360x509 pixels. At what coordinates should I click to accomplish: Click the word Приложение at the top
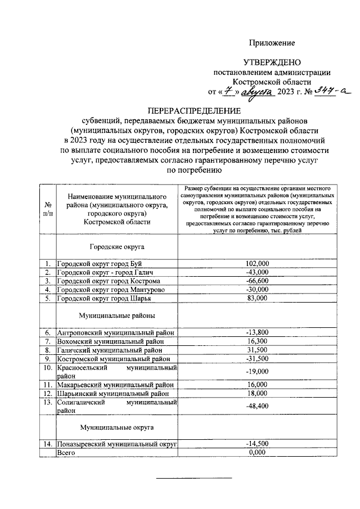point(272,43)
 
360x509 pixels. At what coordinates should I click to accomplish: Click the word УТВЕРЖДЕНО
point(272,62)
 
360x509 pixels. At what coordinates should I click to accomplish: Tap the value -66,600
point(258,281)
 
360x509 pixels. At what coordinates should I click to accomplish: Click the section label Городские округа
point(117,246)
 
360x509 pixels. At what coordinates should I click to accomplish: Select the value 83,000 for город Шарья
point(258,298)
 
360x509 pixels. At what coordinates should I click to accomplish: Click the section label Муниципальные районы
point(117,316)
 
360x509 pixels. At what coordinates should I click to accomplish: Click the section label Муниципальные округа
point(117,427)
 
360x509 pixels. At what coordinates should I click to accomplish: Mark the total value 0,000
point(258,453)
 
